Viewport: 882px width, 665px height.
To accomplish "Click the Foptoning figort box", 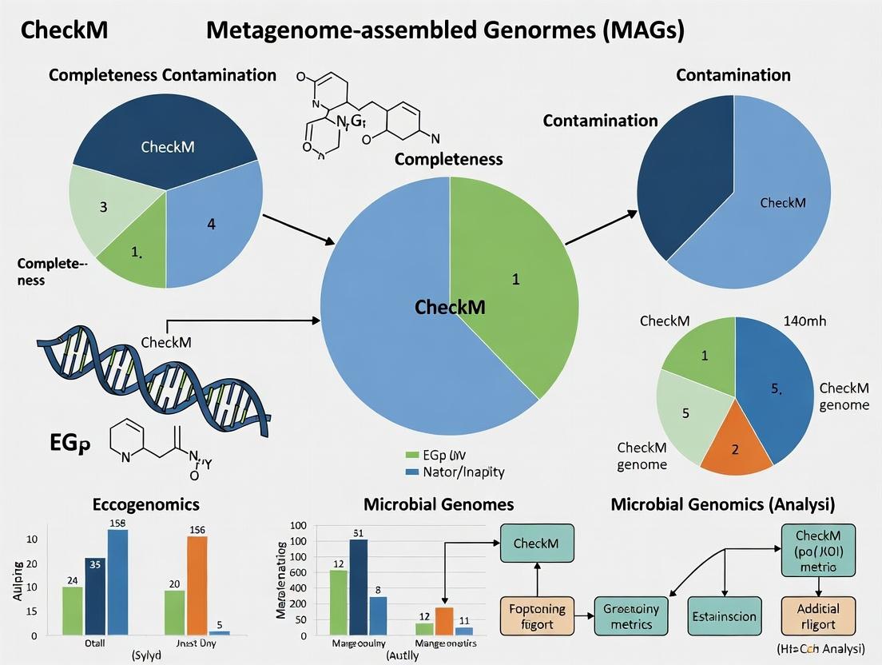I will click(x=538, y=616).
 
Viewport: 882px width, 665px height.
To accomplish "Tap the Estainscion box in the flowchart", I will click(x=723, y=616).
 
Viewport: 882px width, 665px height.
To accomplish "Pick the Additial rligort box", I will click(x=816, y=616).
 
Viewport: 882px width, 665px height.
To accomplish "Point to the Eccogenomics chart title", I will click(x=146, y=504).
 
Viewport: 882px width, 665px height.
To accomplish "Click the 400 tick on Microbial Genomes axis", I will click(x=297, y=588).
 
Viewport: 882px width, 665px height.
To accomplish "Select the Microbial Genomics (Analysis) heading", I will click(x=723, y=504).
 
